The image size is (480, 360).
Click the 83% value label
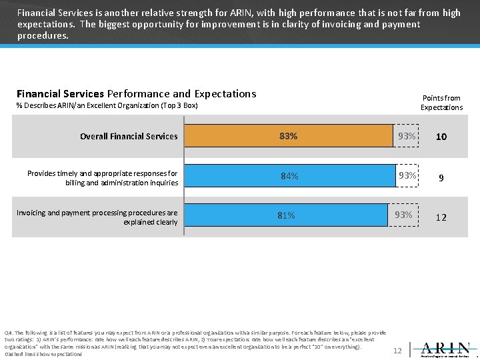[x=289, y=136]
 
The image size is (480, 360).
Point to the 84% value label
[x=289, y=176]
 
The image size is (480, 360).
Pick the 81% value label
[x=287, y=215]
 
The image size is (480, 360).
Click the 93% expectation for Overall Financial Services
[x=407, y=136]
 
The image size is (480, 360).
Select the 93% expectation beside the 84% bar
[x=407, y=176]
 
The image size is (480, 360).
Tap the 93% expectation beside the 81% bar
[x=403, y=215]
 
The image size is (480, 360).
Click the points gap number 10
[x=441, y=137]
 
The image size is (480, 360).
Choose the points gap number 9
[x=441, y=178]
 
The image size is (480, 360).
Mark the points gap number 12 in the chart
[x=441, y=217]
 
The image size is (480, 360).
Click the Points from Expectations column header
[x=441, y=103]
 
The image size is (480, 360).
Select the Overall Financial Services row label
[x=129, y=136]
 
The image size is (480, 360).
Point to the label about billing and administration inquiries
[x=103, y=178]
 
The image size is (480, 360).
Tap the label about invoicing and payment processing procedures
[x=97, y=217]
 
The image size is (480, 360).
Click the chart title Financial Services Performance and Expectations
[x=136, y=94]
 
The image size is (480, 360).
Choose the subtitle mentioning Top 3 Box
[x=107, y=106]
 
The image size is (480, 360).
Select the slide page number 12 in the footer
[x=397, y=350]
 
